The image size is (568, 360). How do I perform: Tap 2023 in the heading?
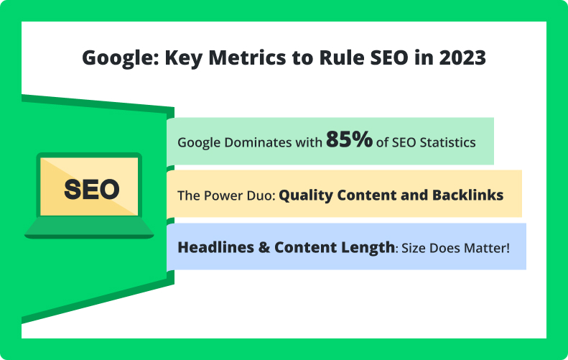point(462,57)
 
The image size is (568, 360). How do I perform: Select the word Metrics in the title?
point(248,57)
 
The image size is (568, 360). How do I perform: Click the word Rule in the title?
point(342,57)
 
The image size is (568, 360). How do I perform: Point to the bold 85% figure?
point(349,139)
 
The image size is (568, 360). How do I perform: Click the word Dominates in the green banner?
point(258,142)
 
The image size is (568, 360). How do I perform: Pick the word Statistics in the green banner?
point(448,142)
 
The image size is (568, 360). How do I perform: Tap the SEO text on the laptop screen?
point(92,189)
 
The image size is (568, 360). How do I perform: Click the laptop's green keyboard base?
point(89,227)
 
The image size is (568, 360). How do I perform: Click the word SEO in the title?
point(389,57)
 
